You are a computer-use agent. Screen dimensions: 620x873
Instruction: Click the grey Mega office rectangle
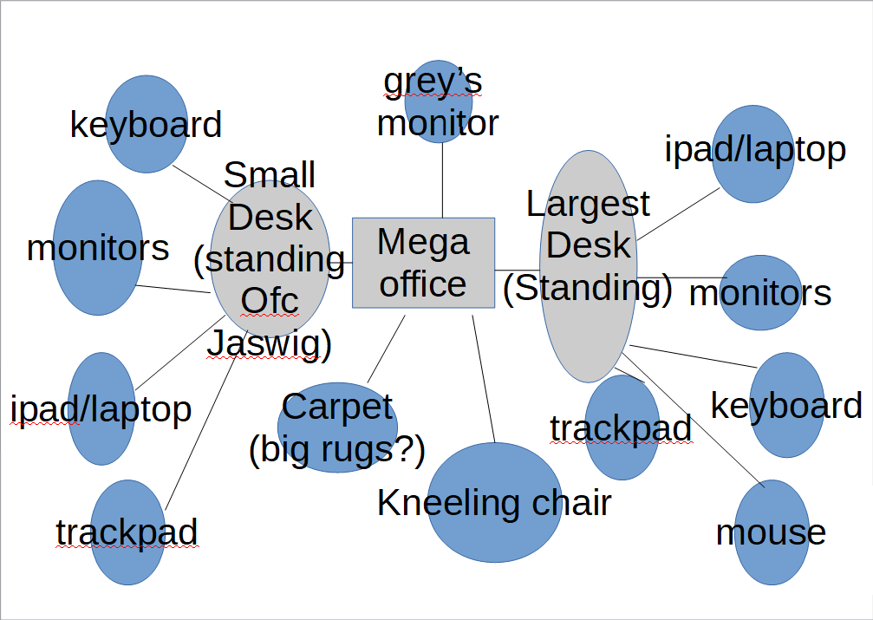pyautogui.click(x=423, y=263)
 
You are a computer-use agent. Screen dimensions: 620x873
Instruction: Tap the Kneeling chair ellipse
pyautogui.click(x=495, y=503)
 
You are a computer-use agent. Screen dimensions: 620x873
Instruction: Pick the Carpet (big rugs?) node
pyautogui.click(x=337, y=428)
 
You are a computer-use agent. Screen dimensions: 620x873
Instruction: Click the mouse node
pyautogui.click(x=771, y=532)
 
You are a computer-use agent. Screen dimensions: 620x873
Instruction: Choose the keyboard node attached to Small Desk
pyautogui.click(x=146, y=124)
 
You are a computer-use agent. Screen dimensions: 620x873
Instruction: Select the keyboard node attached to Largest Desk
pyautogui.click(x=786, y=405)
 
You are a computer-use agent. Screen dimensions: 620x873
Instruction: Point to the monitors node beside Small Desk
pyautogui.click(x=97, y=248)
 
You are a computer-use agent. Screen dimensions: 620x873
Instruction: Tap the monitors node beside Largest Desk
pyautogui.click(x=759, y=293)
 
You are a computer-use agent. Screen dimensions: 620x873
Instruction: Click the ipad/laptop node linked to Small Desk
pyautogui.click(x=101, y=408)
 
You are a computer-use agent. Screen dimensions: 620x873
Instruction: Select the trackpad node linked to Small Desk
pyautogui.click(x=127, y=532)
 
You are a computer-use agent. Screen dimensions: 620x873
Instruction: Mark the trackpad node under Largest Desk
pyautogui.click(x=622, y=428)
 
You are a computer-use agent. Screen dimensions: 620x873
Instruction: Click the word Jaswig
pyautogui.click(x=270, y=343)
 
